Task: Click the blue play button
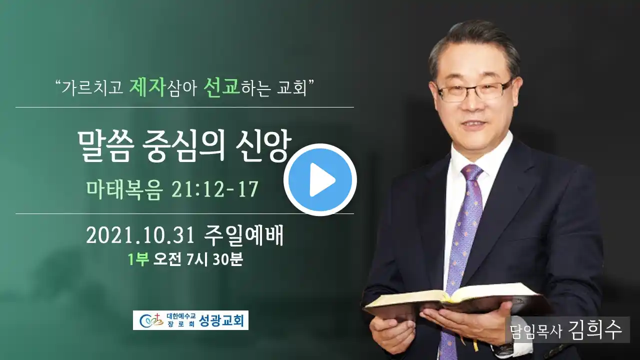pyautogui.click(x=320, y=179)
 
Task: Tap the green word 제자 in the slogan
pyautogui.click(x=147, y=87)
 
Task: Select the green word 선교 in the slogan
pyautogui.click(x=221, y=87)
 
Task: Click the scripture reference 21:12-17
pyautogui.click(x=215, y=189)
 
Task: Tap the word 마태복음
pyautogui.click(x=124, y=189)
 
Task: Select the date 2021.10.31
pyautogui.click(x=140, y=235)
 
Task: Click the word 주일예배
pyautogui.click(x=243, y=235)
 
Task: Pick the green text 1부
pyautogui.click(x=138, y=259)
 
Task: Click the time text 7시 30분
pyautogui.click(x=214, y=259)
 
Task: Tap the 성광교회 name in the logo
pyautogui.click(x=221, y=320)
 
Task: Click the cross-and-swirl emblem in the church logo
pyautogui.click(x=151, y=320)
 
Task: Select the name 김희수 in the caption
pyautogui.click(x=595, y=329)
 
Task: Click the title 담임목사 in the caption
pyautogui.click(x=536, y=331)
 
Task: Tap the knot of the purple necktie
pyautogui.click(x=472, y=173)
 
